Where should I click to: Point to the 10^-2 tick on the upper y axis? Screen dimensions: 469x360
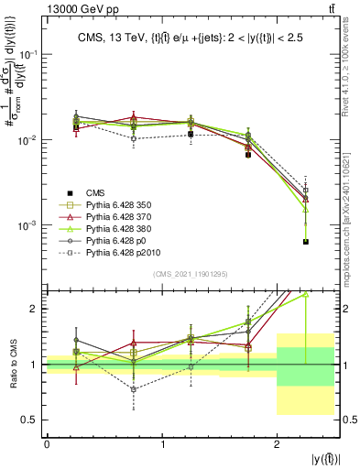pos(28,139)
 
